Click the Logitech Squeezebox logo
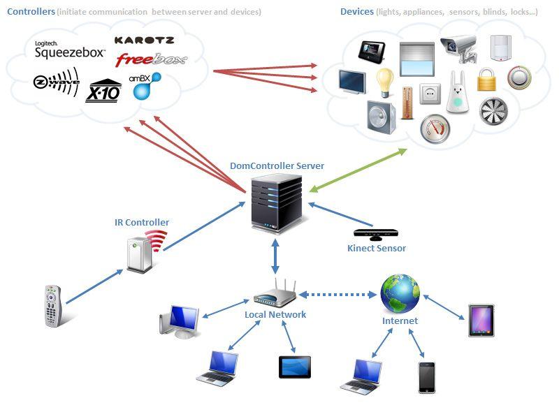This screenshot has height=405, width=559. point(70,49)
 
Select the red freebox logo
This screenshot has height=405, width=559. point(152,59)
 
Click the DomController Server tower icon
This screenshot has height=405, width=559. point(276,202)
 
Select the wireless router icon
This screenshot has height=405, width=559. point(275,295)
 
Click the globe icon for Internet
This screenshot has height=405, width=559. point(400,293)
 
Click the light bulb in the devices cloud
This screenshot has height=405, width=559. point(385,83)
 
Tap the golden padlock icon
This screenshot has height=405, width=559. point(486,80)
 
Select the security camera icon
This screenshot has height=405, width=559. point(458,49)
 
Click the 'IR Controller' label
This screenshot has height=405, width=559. point(142,223)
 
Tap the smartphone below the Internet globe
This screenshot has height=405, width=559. point(426,377)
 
